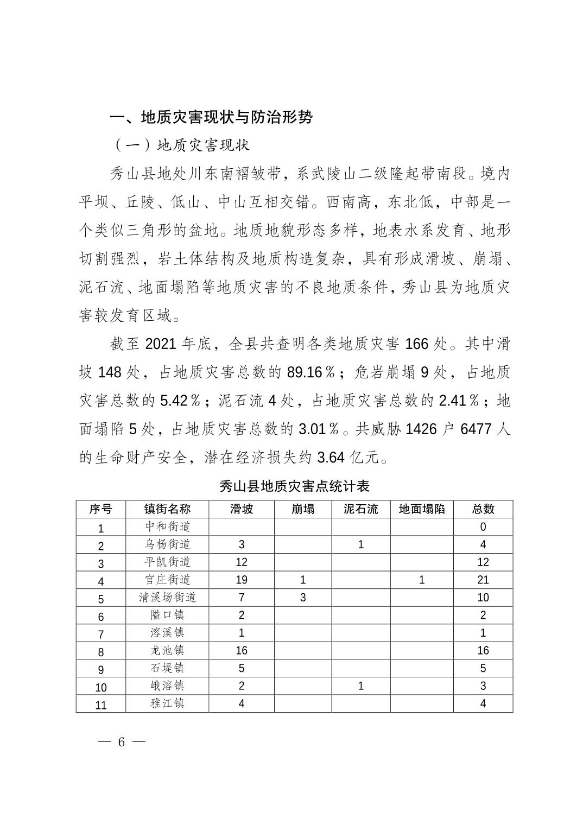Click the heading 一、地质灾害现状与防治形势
(x=211, y=117)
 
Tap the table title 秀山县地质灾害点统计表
(x=295, y=485)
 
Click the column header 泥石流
(x=361, y=509)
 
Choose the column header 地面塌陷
(x=422, y=509)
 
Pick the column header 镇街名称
(x=167, y=509)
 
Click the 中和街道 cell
(x=167, y=526)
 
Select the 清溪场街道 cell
(x=167, y=598)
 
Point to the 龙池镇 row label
(x=167, y=650)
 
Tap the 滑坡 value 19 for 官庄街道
(x=242, y=580)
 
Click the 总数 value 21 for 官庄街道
(x=483, y=580)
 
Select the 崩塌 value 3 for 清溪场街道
(x=303, y=598)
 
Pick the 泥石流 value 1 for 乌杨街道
(x=361, y=544)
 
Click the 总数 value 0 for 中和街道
(x=483, y=526)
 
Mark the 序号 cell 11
(x=101, y=705)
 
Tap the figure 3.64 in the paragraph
(x=331, y=457)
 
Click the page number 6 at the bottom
(x=121, y=742)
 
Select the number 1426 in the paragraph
(x=421, y=429)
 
